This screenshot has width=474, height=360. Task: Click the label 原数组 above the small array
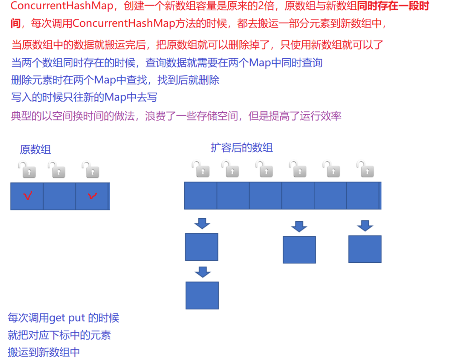(x=35, y=149)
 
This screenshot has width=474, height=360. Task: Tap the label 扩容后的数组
(x=241, y=148)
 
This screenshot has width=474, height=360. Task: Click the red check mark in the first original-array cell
(x=28, y=196)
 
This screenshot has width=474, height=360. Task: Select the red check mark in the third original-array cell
(x=92, y=196)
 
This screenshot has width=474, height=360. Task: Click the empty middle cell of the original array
(x=59, y=196)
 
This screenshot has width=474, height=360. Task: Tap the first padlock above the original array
(x=27, y=170)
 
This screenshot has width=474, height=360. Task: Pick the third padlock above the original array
(x=91, y=170)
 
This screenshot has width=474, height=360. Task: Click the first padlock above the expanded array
(x=201, y=169)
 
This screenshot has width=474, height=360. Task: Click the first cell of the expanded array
(x=200, y=196)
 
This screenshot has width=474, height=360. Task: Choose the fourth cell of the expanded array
(x=298, y=196)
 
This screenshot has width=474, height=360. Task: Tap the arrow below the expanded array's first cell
(x=202, y=223)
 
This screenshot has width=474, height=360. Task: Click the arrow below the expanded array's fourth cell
(x=299, y=226)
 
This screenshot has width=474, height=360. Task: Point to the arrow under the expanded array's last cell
(x=365, y=226)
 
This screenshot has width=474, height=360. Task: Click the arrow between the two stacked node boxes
(x=203, y=272)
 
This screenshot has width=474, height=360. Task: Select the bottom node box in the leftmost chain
(x=202, y=295)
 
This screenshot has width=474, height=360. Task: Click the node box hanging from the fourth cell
(x=299, y=249)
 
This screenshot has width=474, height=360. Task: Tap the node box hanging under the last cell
(x=365, y=249)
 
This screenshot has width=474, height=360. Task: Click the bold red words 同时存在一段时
(x=394, y=6)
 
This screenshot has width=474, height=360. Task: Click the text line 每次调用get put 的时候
(x=63, y=318)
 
